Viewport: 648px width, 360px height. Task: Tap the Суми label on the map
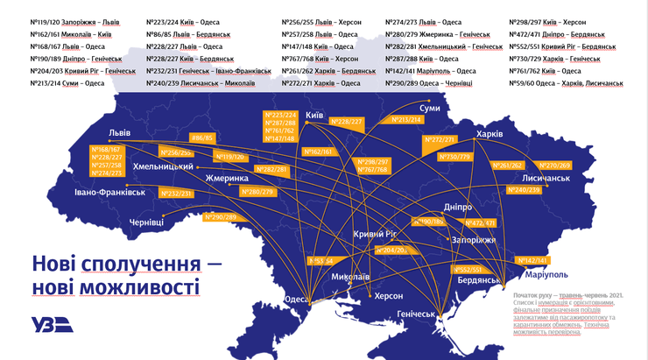click(x=430, y=108)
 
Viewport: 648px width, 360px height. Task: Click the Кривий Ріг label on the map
click(x=375, y=234)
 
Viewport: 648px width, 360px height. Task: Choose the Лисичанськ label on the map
click(x=546, y=177)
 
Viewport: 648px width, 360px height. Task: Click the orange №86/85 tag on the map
click(x=202, y=138)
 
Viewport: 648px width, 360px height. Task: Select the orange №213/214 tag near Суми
click(x=405, y=119)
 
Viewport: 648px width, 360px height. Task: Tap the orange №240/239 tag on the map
click(x=525, y=190)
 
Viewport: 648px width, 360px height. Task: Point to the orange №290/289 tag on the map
click(x=220, y=216)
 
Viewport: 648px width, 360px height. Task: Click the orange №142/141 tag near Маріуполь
click(x=532, y=260)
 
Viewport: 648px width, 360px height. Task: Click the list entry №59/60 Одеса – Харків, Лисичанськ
click(x=566, y=84)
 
